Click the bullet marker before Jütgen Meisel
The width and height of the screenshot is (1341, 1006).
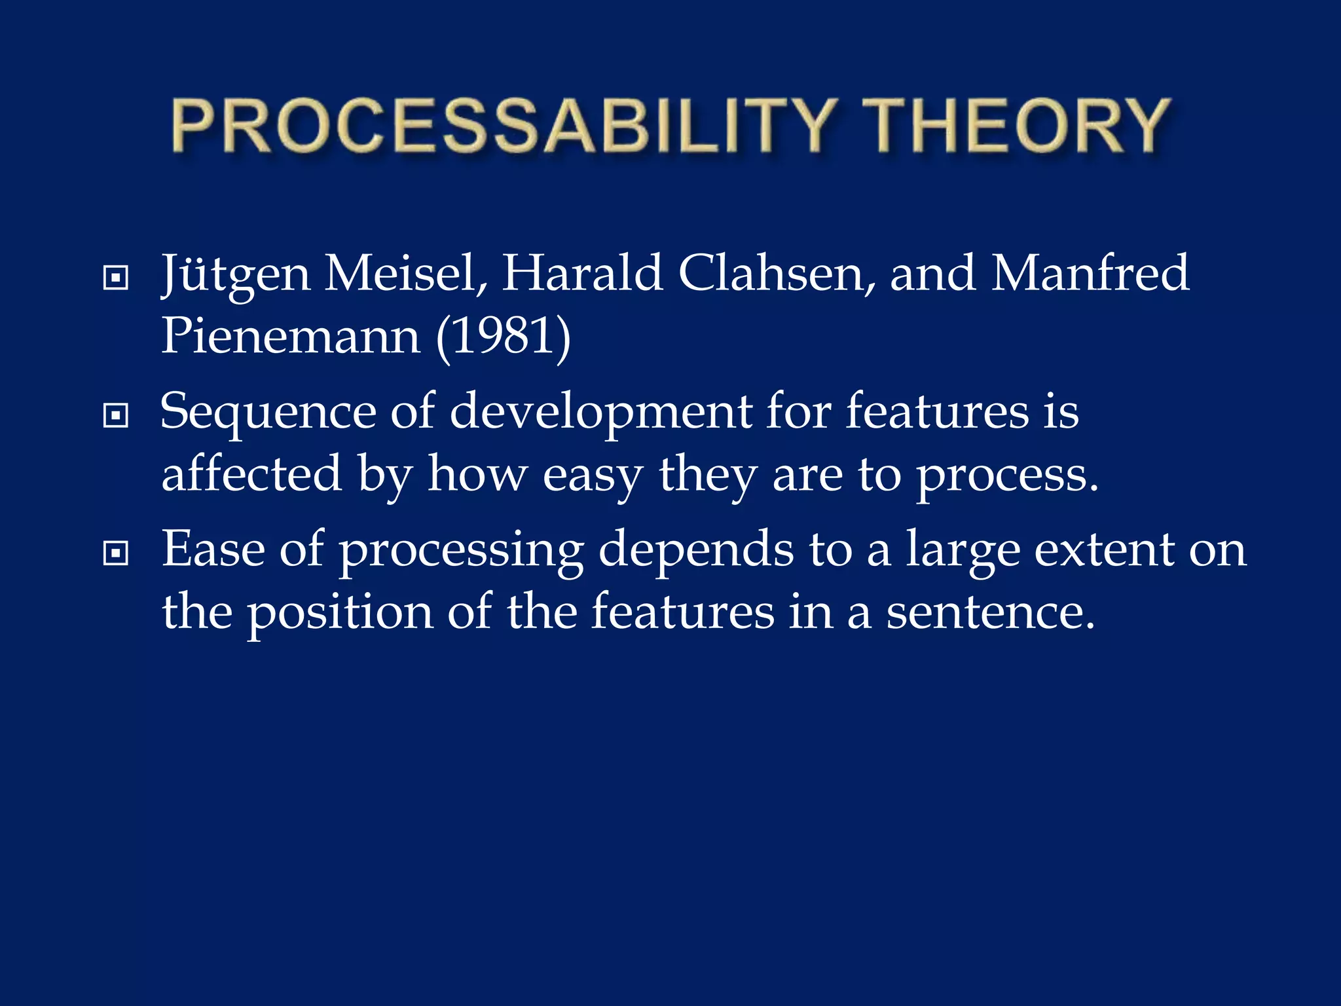pos(115,278)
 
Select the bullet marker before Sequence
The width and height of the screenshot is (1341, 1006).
pos(115,415)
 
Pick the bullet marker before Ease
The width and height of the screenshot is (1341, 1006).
pos(115,553)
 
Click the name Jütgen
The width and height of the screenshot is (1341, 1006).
pos(236,274)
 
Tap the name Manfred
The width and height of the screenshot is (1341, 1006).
pos(1090,273)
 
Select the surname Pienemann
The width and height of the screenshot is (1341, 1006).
pos(290,336)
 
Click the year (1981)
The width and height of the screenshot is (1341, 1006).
pos(503,336)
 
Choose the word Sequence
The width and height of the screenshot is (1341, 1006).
pos(268,413)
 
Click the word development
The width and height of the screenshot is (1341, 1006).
pos(601,413)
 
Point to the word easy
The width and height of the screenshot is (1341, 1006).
pos(593,475)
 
